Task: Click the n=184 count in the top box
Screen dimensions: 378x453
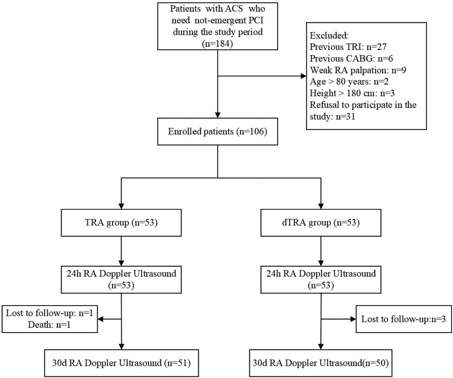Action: click(217, 44)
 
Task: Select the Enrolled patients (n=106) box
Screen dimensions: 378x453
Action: click(217, 131)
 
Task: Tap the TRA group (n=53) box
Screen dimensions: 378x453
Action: click(121, 222)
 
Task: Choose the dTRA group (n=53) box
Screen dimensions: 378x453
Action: click(321, 222)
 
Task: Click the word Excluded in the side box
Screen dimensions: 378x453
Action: click(329, 35)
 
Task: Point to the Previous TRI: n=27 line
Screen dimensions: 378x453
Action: click(348, 47)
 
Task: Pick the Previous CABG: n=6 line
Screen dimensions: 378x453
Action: click(351, 58)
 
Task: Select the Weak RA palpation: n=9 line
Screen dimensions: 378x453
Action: click(358, 70)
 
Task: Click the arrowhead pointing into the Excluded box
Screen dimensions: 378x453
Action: click(303, 76)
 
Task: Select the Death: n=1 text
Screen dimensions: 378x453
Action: click(49, 325)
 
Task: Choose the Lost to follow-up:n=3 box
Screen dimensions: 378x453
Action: click(403, 319)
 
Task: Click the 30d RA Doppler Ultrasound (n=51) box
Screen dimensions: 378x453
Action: click(121, 363)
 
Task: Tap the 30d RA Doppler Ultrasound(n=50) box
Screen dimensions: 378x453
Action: click(320, 363)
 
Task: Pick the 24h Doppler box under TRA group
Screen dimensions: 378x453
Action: click(121, 279)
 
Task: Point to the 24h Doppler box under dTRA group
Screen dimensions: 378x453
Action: click(321, 279)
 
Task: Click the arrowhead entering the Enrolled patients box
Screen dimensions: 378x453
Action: click(218, 115)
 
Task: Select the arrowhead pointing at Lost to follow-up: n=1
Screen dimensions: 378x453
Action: click(101, 319)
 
